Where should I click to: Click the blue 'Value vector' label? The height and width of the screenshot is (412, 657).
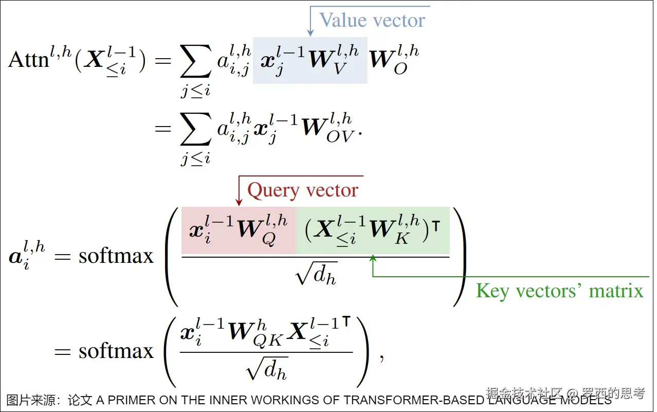pos(372,21)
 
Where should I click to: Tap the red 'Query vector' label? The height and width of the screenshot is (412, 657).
pos(302,190)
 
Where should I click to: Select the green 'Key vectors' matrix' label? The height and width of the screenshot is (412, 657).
pos(559,291)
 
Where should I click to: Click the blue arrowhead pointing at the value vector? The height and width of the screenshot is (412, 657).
pos(310,33)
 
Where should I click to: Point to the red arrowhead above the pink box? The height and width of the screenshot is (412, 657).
pos(239,202)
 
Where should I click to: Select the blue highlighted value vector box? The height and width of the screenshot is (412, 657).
pos(310,60)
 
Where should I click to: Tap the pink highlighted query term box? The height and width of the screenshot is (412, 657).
pos(239,230)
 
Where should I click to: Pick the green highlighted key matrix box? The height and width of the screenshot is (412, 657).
pos(373,230)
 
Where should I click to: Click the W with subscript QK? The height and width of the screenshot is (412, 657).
pos(252,332)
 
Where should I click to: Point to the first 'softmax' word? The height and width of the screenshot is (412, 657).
pos(116,256)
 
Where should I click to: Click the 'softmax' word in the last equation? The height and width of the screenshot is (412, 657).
pos(116,351)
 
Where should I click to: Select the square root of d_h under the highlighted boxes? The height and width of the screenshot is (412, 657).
pos(316,277)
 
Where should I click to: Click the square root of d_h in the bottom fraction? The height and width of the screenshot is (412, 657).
pos(266,369)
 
